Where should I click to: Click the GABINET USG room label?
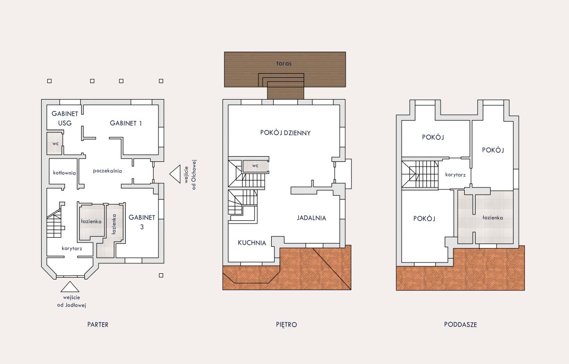click(65, 119)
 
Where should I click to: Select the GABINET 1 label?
click(126, 123)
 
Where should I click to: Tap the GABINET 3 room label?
click(142, 222)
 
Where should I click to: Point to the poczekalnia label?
click(108, 171)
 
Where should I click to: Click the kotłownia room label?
click(64, 173)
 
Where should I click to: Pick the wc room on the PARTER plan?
click(55, 143)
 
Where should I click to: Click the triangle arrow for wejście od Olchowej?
click(175, 174)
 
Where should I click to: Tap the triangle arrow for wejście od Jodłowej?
click(70, 287)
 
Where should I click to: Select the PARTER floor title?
click(98, 325)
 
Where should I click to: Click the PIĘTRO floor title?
click(286, 325)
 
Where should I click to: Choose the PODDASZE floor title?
click(460, 325)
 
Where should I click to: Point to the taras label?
click(284, 63)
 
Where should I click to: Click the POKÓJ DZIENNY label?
click(285, 133)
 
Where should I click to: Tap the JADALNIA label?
click(312, 218)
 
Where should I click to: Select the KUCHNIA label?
click(252, 243)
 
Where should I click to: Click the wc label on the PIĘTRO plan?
click(255, 166)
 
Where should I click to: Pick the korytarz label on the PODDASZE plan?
click(456, 175)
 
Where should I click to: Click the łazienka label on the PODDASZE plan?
click(493, 217)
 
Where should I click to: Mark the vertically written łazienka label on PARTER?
click(114, 224)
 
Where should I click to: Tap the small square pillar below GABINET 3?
click(161, 275)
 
